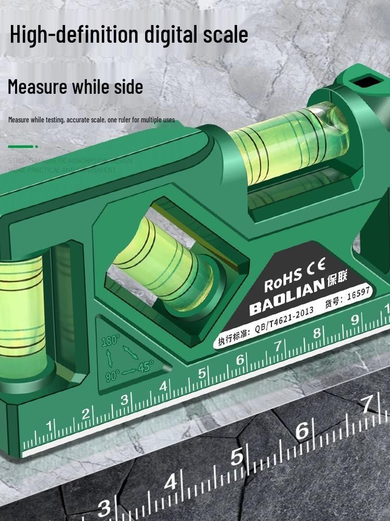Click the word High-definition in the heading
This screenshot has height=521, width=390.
click(73, 35)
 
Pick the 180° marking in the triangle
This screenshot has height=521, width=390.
click(110, 339)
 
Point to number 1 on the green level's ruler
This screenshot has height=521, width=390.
click(50, 426)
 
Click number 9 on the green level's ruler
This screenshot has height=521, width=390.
click(355, 319)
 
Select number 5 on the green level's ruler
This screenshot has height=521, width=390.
click(202, 373)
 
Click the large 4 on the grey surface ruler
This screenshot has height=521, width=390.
click(171, 481)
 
